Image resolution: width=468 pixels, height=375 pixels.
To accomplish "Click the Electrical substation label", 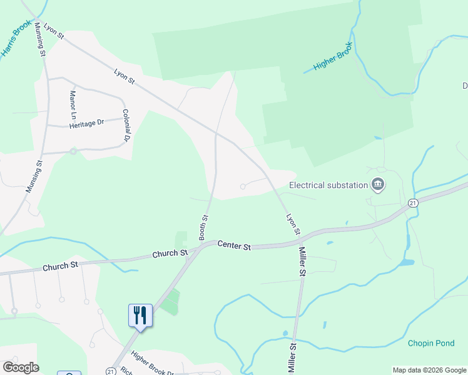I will (x=328, y=185).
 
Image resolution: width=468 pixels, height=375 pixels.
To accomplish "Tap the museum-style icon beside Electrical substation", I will (x=378, y=184).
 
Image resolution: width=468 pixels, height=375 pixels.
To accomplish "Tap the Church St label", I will (x=60, y=266).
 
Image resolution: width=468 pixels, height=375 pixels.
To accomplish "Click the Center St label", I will (x=234, y=246).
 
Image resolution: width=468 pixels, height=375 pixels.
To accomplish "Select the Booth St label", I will (x=203, y=227).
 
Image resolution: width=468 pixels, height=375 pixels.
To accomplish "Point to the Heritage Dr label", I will (x=86, y=124).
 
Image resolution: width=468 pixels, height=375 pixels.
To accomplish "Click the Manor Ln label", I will (x=73, y=103).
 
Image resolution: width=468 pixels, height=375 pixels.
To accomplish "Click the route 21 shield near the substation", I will (x=413, y=203).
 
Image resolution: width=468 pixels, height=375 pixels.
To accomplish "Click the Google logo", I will (x=21, y=367).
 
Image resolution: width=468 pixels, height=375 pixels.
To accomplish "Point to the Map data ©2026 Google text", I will (x=429, y=370).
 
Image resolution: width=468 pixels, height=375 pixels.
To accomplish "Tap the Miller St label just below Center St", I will (x=302, y=261).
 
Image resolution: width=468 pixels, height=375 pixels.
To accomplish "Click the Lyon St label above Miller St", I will (x=293, y=224).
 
